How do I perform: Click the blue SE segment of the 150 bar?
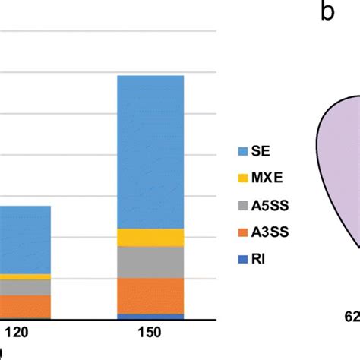(150, 151)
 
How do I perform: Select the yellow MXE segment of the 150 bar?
(150, 237)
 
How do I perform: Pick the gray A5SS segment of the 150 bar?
(150, 262)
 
